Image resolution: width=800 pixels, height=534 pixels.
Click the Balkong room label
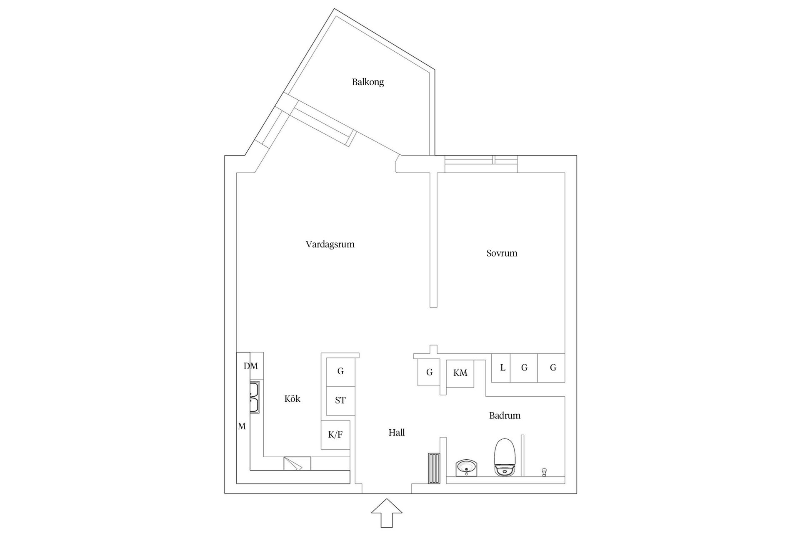pyautogui.click(x=367, y=82)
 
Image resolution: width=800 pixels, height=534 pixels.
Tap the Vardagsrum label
pyautogui.click(x=330, y=244)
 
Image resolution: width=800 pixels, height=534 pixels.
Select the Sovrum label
pyautogui.click(x=502, y=253)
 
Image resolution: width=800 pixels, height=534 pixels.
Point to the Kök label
pyautogui.click(x=292, y=399)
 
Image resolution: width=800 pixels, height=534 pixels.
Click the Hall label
pyautogui.click(x=397, y=433)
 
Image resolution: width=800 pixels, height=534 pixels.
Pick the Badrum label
pyautogui.click(x=505, y=416)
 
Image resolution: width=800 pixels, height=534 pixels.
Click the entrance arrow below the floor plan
pyautogui.click(x=387, y=513)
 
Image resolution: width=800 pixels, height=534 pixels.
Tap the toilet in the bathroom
pyautogui.click(x=505, y=457)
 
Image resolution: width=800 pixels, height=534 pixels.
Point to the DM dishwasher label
pyautogui.click(x=251, y=366)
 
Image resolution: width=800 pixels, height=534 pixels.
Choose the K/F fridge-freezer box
pyautogui.click(x=335, y=435)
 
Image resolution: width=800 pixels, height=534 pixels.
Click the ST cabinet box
pyautogui.click(x=340, y=401)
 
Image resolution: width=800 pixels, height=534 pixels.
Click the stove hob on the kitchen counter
pyautogui.click(x=297, y=463)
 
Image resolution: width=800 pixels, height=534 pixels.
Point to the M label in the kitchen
pyautogui.click(x=242, y=426)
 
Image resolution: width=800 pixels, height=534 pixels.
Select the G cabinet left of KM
pyautogui.click(x=429, y=373)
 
